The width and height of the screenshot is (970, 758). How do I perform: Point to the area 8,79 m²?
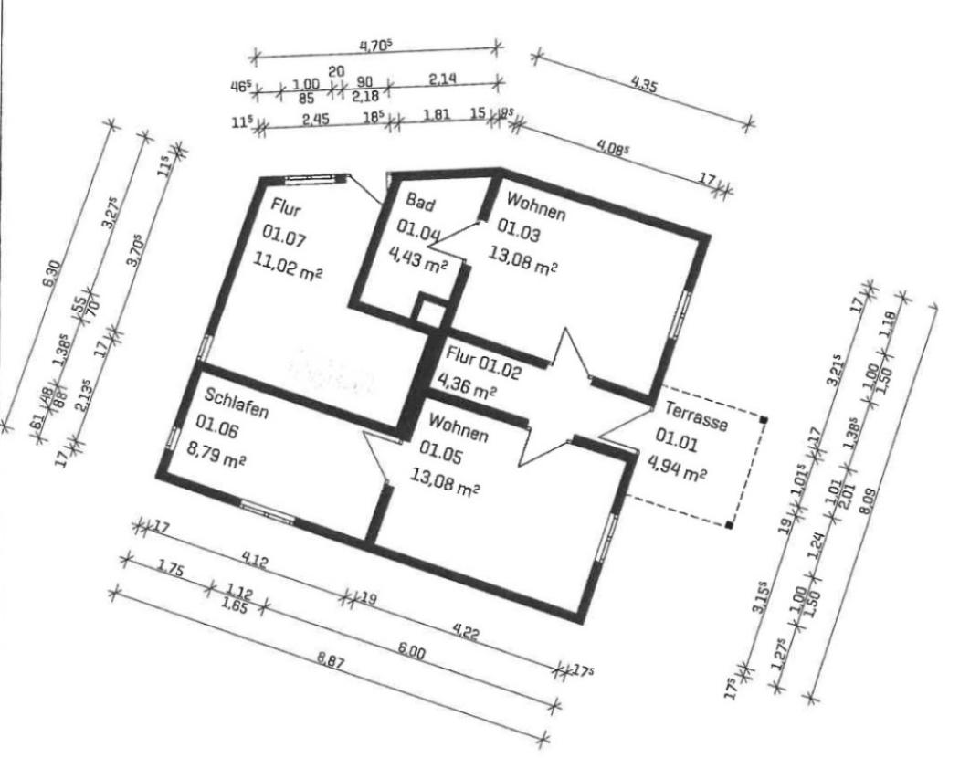[x=222, y=457]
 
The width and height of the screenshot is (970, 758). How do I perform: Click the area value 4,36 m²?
[x=467, y=387]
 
